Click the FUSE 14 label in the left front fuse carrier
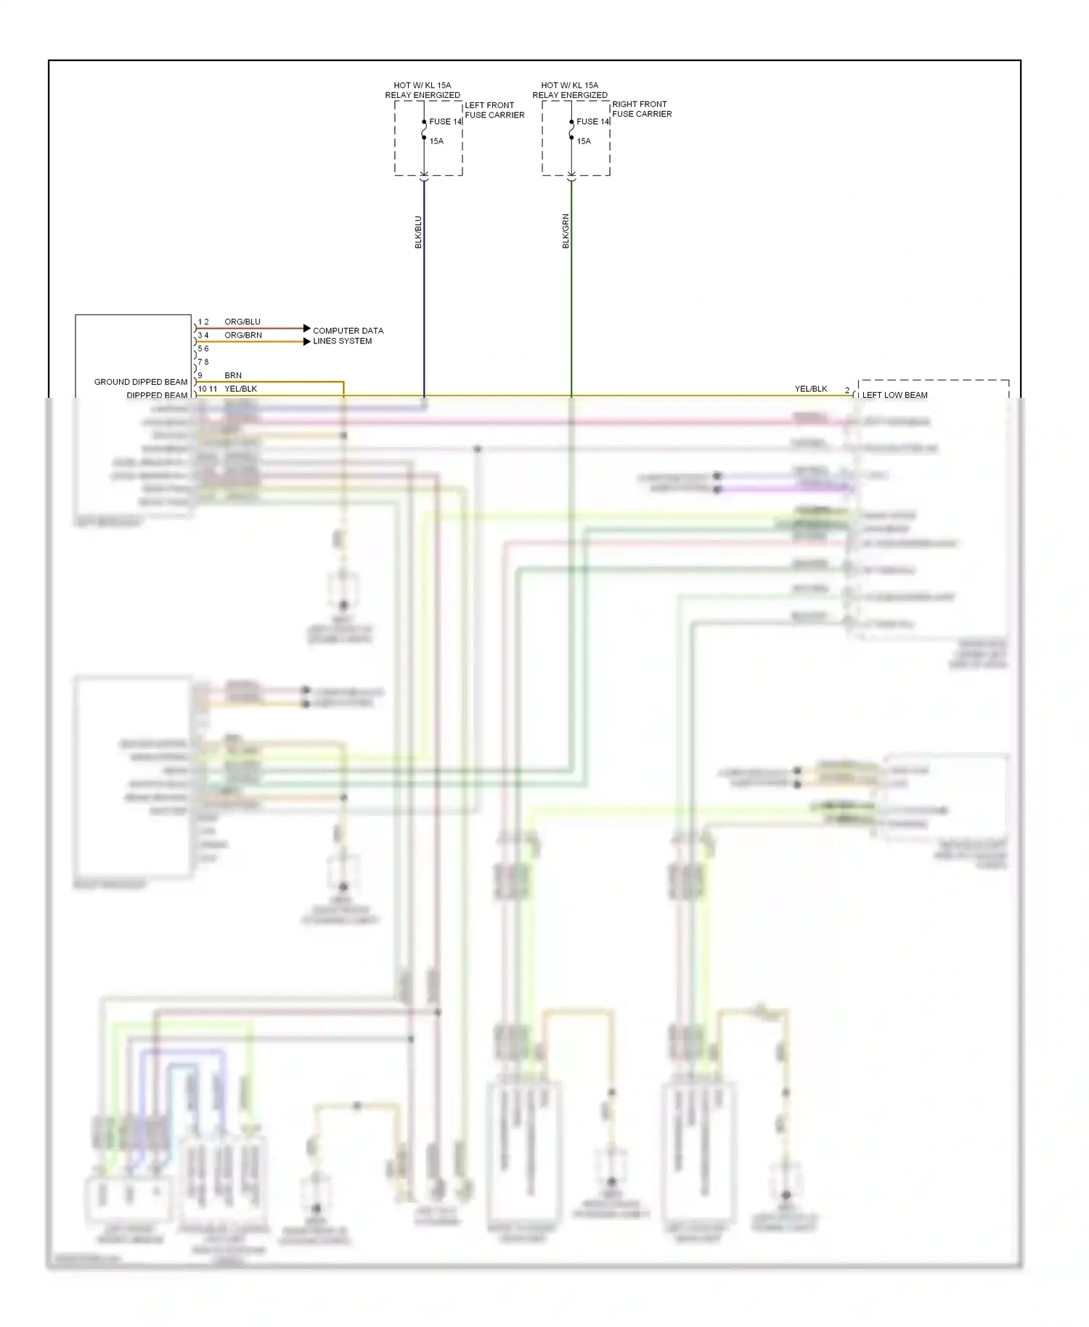point(445,121)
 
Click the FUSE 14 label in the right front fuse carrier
point(592,121)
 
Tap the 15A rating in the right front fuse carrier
point(584,141)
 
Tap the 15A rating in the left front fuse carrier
point(436,141)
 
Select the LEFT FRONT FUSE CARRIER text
point(494,110)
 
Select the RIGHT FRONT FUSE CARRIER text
point(641,109)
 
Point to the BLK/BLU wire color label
point(418,232)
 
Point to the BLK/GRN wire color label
point(566,232)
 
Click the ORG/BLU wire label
point(242,322)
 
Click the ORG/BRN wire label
point(242,335)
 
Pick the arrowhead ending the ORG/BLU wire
point(306,328)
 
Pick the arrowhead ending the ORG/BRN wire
point(306,341)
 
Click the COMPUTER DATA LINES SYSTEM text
point(347,335)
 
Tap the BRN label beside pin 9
point(232,375)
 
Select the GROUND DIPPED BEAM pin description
point(140,382)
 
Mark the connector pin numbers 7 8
point(203,362)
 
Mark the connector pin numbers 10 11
point(207,389)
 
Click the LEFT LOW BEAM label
point(894,395)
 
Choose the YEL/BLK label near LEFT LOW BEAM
point(810,389)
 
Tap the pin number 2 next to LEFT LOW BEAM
point(847,391)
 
